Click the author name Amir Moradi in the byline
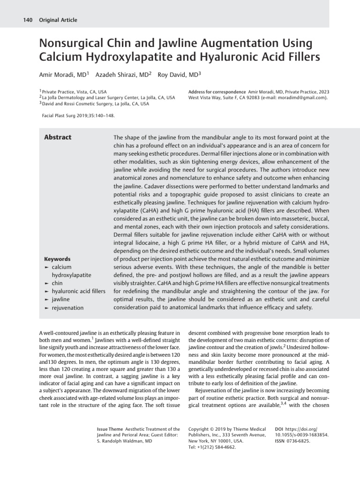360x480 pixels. tap(56, 75)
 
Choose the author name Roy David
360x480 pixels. tap(173, 75)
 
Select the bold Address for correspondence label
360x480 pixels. tap(217, 91)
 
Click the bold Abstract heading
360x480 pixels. tap(58, 137)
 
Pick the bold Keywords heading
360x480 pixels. tap(57, 259)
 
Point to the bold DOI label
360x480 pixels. tap(280, 429)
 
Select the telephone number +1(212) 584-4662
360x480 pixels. tap(215, 447)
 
